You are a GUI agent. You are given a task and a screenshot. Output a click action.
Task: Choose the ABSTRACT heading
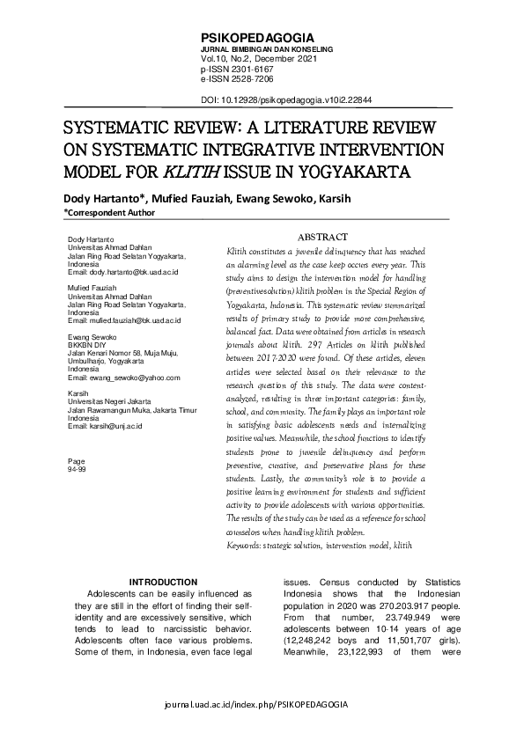pyautogui.click(x=322, y=237)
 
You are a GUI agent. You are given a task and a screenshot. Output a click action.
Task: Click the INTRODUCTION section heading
pyautogui.click(x=163, y=583)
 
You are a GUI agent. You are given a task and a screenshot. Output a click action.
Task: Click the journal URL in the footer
pyautogui.click(x=262, y=706)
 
